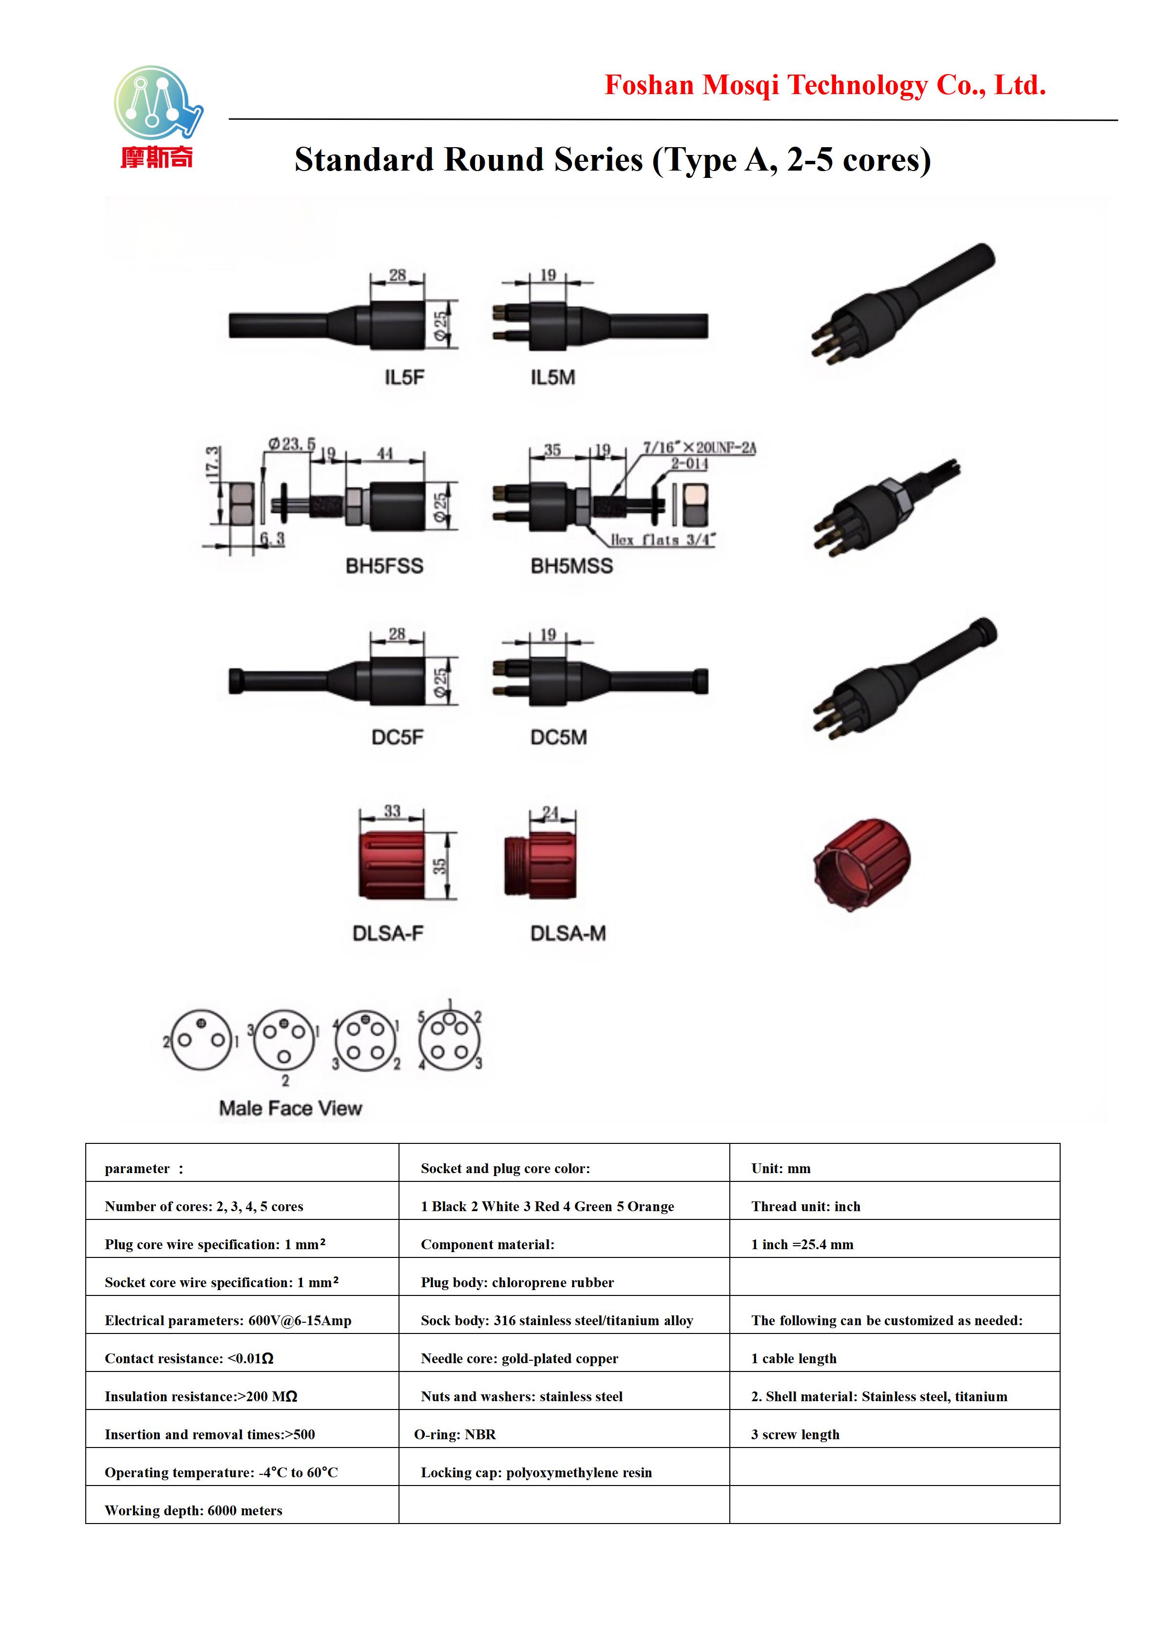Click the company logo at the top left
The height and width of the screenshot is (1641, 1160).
tap(158, 117)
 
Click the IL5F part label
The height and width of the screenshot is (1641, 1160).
tap(404, 377)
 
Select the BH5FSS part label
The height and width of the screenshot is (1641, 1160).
tap(384, 566)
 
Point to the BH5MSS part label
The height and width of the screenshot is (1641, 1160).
tap(571, 566)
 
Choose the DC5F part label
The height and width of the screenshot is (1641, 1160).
tap(397, 737)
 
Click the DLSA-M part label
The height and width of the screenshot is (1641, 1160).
tap(568, 933)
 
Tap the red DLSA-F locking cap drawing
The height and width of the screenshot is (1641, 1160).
tap(391, 865)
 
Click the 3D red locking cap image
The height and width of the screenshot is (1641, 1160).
tap(862, 865)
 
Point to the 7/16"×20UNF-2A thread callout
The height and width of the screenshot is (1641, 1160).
tap(699, 448)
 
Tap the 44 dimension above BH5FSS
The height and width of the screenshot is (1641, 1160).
tap(385, 453)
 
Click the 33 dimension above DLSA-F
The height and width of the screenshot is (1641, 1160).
tap(392, 811)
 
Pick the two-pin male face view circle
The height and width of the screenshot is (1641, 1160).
tap(201, 1040)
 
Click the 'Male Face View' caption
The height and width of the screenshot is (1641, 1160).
tap(291, 1108)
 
